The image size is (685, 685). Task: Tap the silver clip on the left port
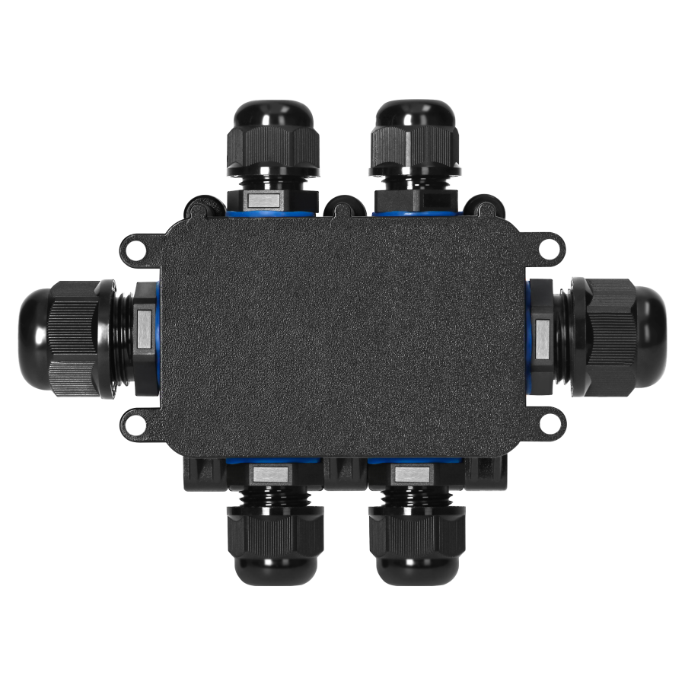tap(143, 334)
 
